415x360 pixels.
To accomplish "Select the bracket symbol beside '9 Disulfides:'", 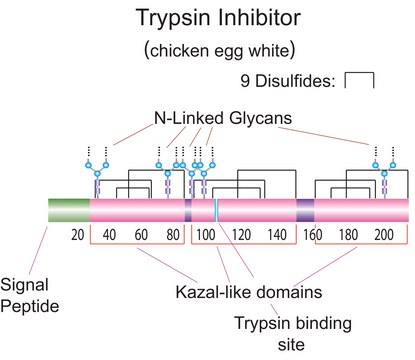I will pos(359,81).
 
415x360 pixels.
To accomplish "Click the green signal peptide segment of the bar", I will pos(68,210).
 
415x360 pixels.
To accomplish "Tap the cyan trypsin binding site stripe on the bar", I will pos(216,210).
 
